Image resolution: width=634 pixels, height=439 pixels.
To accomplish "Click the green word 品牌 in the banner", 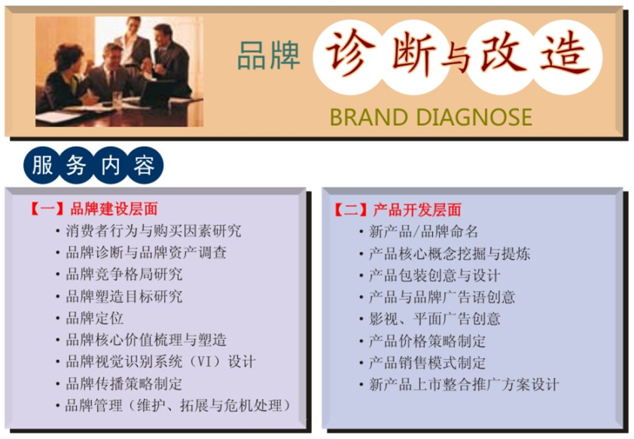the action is (269, 55).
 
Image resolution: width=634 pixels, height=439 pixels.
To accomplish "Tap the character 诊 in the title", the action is (348, 53).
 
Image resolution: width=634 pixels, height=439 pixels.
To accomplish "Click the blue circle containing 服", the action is (42, 165).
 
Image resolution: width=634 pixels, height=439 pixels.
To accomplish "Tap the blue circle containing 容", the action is (145, 165).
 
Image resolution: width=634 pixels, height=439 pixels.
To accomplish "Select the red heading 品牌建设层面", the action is (114, 209).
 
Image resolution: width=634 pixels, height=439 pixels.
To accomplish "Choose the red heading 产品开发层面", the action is (417, 210).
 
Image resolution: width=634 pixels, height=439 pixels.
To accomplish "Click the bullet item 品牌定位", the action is (95, 318).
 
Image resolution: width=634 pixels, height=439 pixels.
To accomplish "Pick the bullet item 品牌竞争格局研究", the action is (124, 275).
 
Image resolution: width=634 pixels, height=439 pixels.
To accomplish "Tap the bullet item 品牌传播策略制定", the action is (124, 383).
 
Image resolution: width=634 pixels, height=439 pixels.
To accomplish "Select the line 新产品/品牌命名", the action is (423, 232).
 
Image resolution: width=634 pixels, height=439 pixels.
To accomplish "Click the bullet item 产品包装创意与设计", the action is (434, 276).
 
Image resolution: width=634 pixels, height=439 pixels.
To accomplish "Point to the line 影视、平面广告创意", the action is (434, 319).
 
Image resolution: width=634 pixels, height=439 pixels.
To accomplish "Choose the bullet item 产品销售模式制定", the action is (428, 363).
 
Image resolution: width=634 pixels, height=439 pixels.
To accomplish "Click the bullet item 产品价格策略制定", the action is (428, 341).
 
